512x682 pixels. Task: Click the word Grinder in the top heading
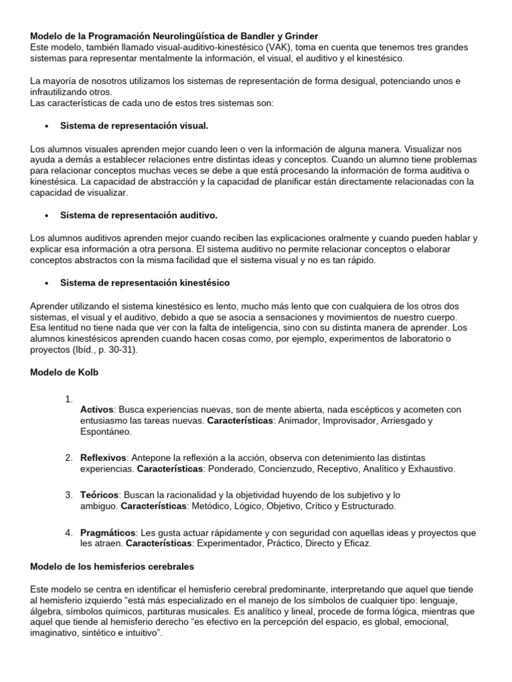(x=300, y=35)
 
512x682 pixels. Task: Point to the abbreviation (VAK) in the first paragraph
(x=264, y=47)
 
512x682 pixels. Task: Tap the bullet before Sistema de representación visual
(x=46, y=125)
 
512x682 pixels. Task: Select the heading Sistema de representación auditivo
(x=139, y=215)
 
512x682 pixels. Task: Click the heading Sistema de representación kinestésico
(x=145, y=283)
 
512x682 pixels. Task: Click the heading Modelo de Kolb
(x=65, y=372)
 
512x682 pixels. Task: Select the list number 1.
(x=69, y=399)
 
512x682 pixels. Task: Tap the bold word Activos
(x=97, y=409)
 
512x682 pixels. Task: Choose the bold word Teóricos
(x=100, y=495)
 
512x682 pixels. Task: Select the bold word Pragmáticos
(x=108, y=532)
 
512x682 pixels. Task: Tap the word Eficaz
(x=355, y=543)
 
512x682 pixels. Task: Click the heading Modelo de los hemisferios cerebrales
(x=113, y=566)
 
